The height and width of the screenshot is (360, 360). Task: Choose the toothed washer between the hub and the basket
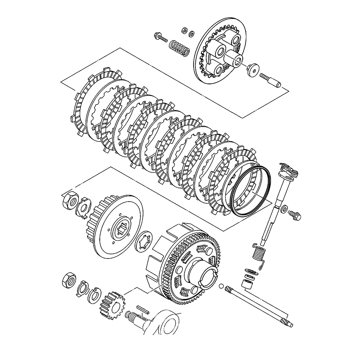click(x=144, y=242)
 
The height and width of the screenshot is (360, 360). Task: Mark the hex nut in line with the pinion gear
click(x=69, y=279)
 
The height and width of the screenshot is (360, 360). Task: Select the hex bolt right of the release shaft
click(x=294, y=215)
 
